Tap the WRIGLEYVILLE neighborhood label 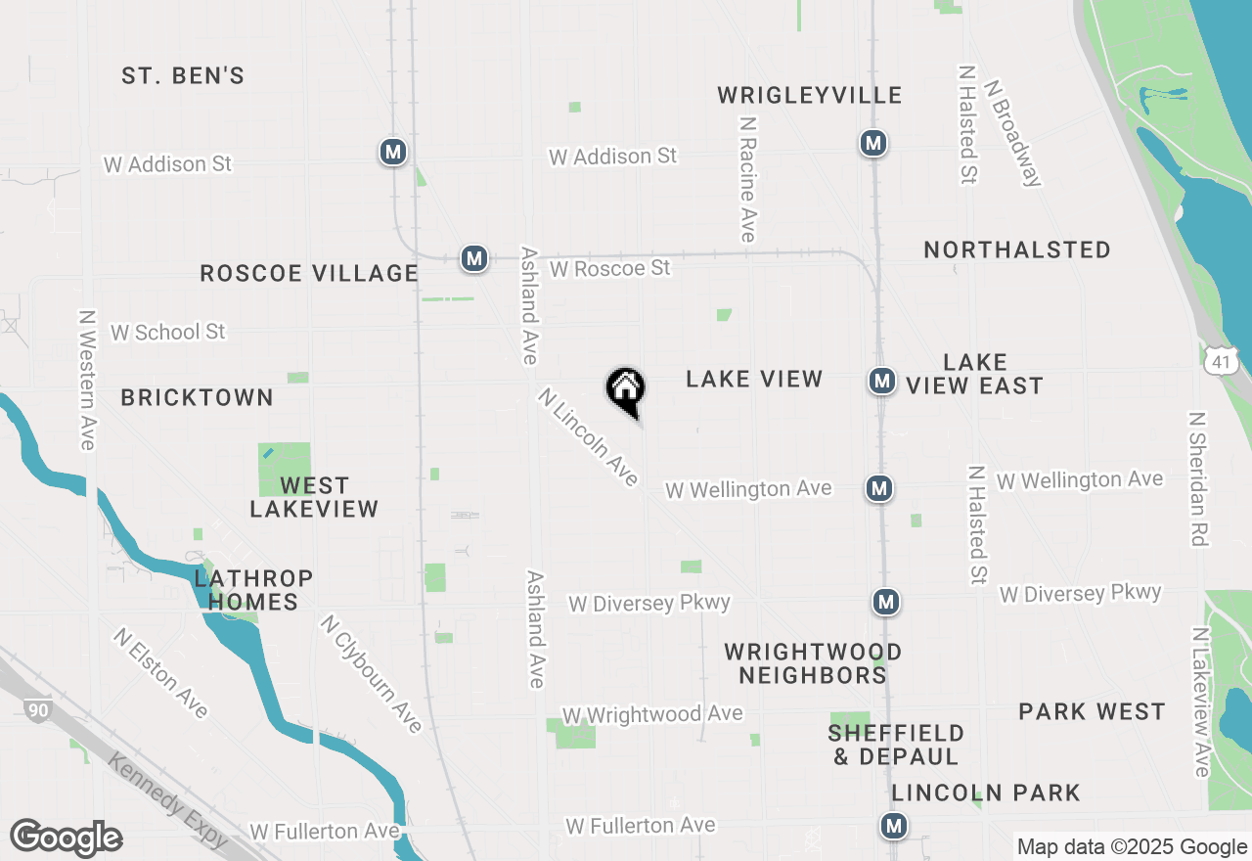(809, 96)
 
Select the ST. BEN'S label (183, 76)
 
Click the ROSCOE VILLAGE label (309, 273)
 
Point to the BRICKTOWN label (197, 397)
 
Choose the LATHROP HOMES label (253, 590)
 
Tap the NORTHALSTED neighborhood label (1017, 250)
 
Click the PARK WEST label (1092, 712)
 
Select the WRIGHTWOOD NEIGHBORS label (813, 663)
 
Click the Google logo (66, 838)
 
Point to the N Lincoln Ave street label (589, 437)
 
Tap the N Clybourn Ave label (372, 673)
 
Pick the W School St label (167, 333)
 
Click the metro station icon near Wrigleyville (873, 143)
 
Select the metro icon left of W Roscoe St (474, 258)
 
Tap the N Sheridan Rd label (1197, 478)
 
